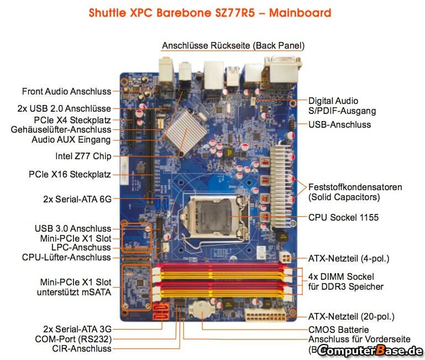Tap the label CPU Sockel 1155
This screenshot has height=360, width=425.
coord(343,217)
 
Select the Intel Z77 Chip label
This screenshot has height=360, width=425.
coord(83,155)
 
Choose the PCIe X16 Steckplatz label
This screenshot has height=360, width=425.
coord(70,174)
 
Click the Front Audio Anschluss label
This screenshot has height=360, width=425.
coord(66,91)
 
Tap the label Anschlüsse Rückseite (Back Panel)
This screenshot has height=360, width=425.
coord(233,45)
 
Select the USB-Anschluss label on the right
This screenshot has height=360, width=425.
coord(339,124)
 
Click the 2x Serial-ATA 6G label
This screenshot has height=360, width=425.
coord(77,198)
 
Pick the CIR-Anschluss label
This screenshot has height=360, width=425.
coord(81,348)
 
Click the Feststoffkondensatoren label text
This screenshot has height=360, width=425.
coord(355,187)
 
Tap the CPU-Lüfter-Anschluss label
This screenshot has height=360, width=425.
coord(66,257)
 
